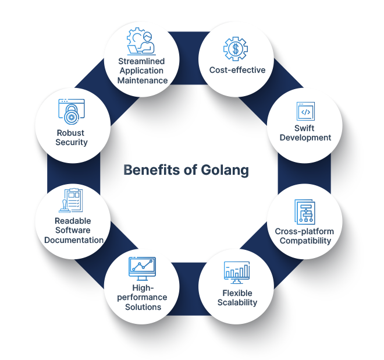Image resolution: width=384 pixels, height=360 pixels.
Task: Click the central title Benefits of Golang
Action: tap(186, 170)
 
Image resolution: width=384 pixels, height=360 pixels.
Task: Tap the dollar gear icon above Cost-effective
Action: tap(236, 48)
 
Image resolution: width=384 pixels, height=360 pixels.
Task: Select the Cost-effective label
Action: tap(237, 70)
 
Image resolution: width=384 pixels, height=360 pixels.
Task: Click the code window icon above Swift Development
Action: tap(305, 111)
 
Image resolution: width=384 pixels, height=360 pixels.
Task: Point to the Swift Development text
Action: tap(305, 133)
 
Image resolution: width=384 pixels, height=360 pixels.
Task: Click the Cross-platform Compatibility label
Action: tap(303, 236)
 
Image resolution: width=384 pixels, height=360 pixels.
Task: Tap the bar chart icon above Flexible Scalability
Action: tap(237, 271)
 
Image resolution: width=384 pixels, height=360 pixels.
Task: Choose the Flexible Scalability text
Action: tap(237, 297)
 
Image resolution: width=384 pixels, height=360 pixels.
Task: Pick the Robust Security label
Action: tap(72, 137)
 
